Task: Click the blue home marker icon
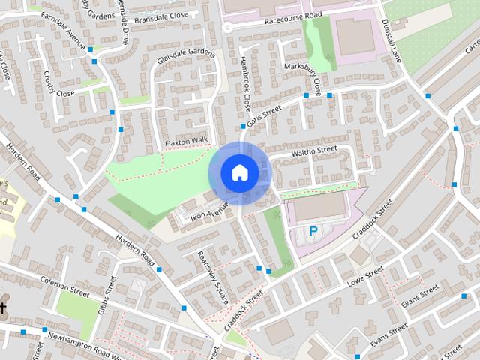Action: (239, 173)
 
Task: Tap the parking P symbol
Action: (313, 231)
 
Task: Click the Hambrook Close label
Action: (244, 85)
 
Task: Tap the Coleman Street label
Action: (64, 287)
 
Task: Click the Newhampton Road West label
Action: (82, 336)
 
